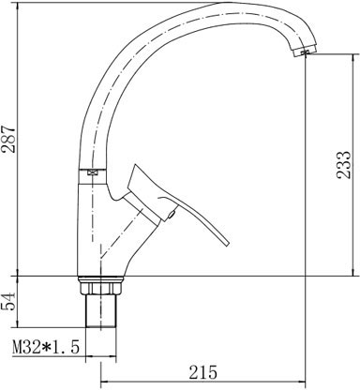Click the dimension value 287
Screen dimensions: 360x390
click(8, 139)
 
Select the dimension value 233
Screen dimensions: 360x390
click(344, 165)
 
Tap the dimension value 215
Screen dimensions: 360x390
click(202, 372)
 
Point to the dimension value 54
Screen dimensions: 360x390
click(8, 301)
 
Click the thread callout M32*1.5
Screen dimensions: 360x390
click(46, 347)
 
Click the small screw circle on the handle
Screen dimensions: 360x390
click(172, 215)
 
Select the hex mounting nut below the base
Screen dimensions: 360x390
click(100, 288)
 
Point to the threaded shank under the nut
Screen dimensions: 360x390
click(101, 310)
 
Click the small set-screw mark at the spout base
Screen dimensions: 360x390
click(92, 172)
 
